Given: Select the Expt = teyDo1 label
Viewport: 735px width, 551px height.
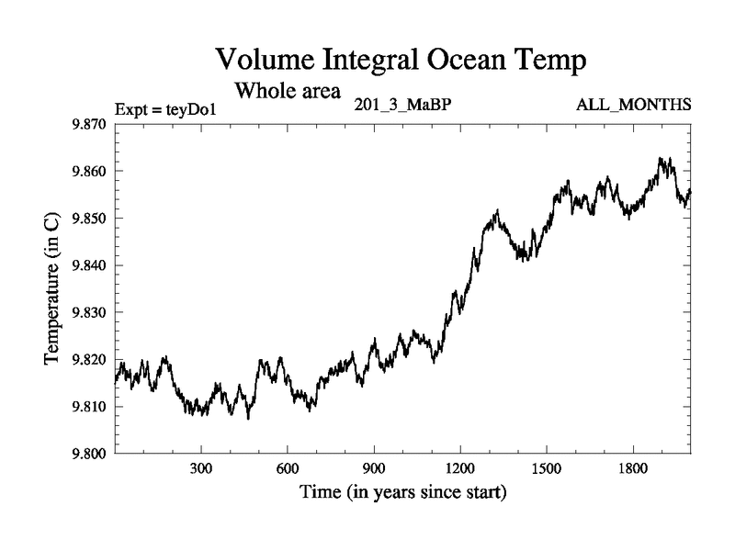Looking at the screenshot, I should click(x=166, y=110).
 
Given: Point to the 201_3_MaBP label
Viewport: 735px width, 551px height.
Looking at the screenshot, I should click(x=401, y=104).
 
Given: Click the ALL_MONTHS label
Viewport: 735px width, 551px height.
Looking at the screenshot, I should click(x=633, y=104).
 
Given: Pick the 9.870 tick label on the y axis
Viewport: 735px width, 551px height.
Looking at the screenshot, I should click(x=88, y=124).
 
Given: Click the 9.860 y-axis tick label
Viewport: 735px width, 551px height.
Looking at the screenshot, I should click(x=88, y=172).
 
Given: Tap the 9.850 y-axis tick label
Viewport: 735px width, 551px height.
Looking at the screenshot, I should click(x=88, y=219).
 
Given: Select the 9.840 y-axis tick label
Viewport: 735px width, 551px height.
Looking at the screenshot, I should click(x=88, y=265).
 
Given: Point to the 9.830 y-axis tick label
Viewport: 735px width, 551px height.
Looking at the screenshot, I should click(x=88, y=312).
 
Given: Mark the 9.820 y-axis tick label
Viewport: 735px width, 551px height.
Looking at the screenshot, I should click(x=88, y=360).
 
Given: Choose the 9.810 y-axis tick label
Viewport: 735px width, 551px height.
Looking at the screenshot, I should click(x=88, y=407).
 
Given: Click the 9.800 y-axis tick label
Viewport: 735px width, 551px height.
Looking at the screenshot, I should click(x=88, y=454).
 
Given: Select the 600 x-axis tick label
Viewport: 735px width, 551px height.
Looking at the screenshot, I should click(x=287, y=468).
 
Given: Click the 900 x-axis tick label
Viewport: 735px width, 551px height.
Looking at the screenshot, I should click(x=373, y=468).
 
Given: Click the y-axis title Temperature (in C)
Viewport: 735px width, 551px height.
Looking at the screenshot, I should click(x=53, y=288).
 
